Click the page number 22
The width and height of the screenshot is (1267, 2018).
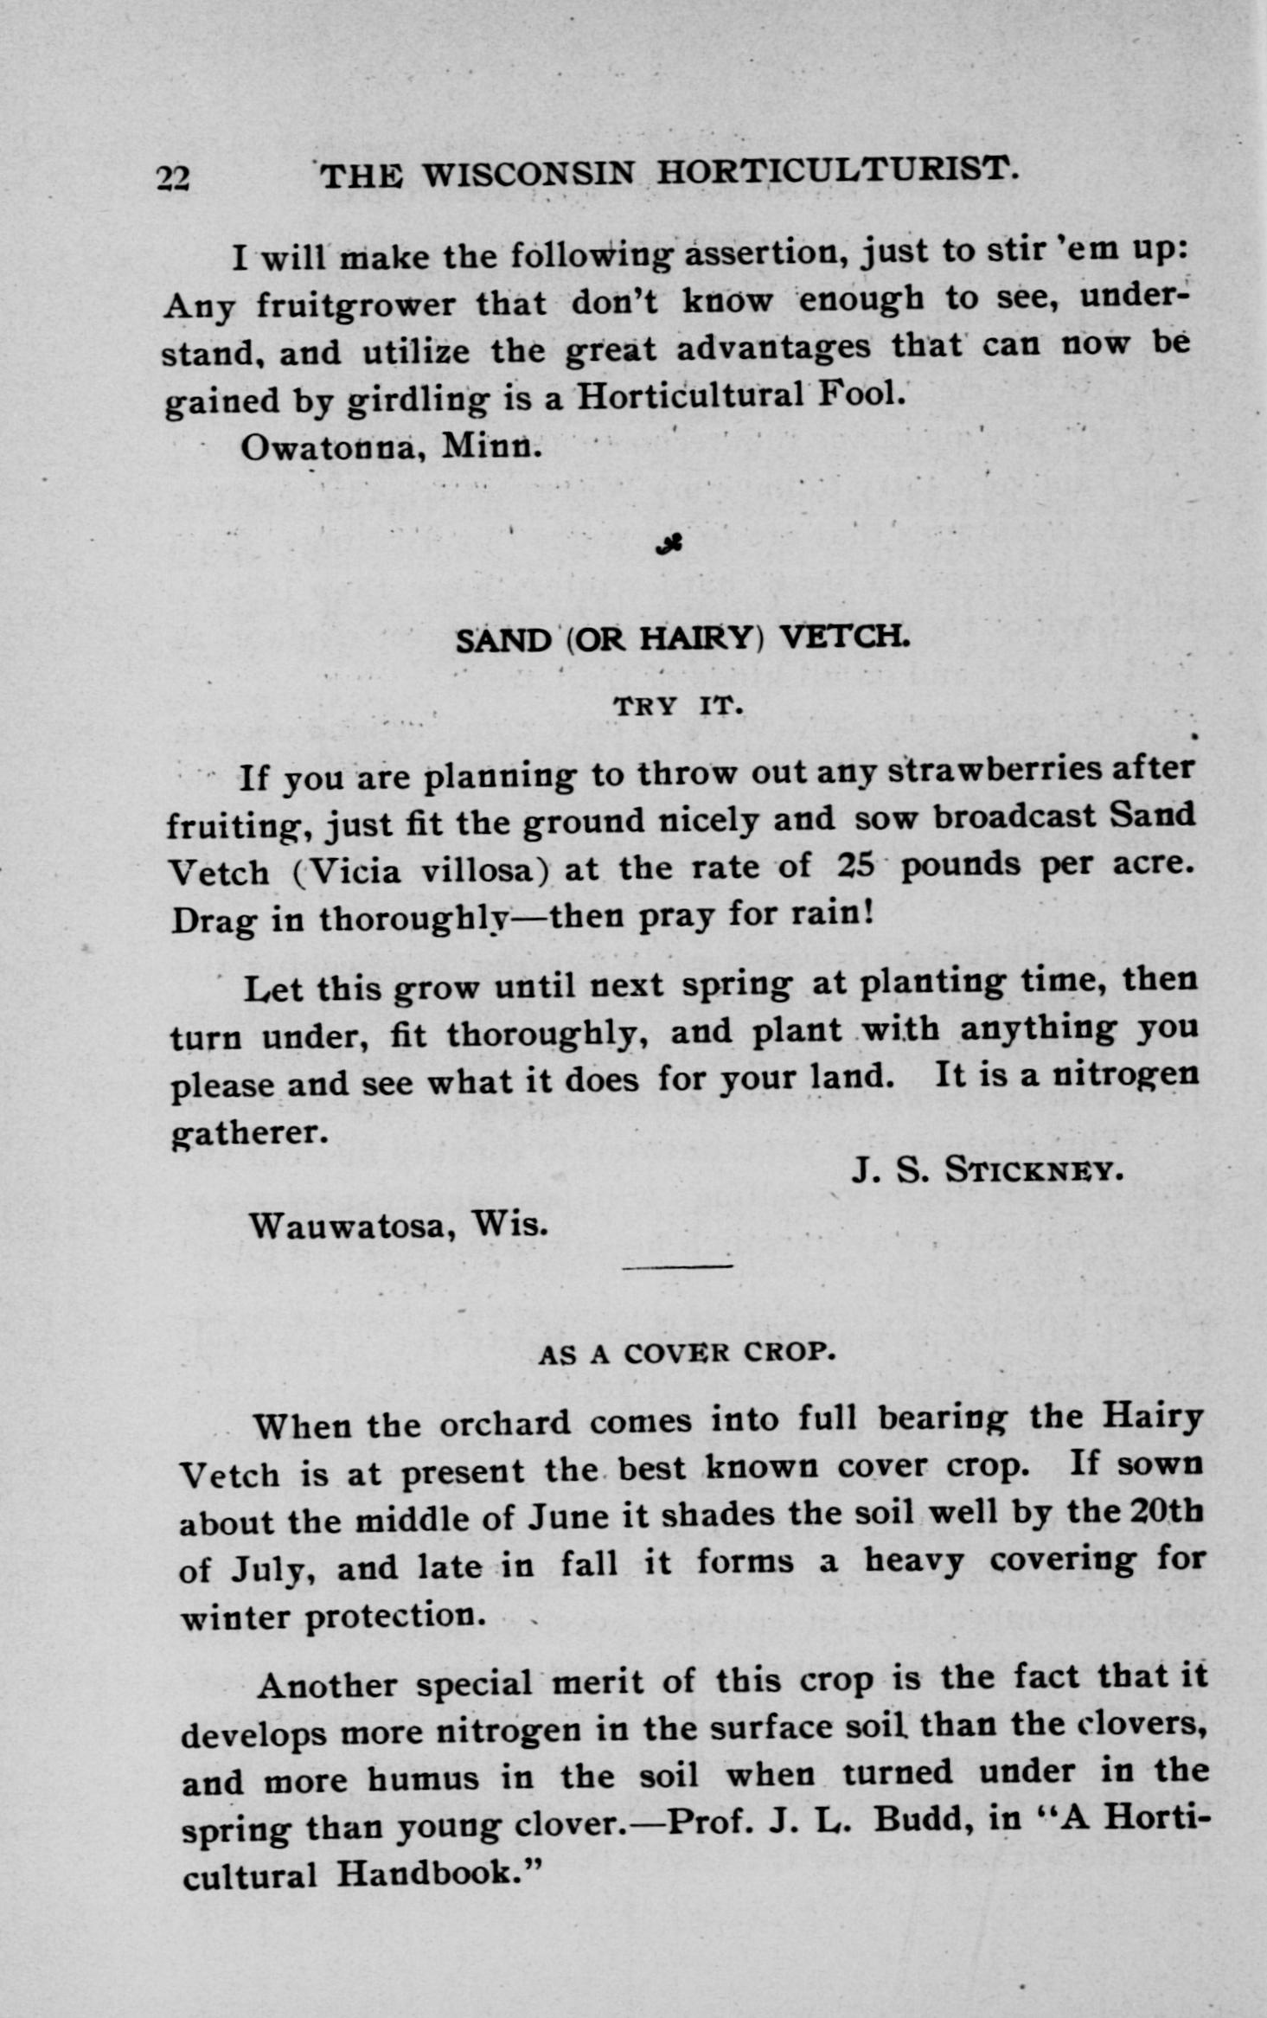[173, 177]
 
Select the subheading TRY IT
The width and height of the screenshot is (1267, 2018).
[679, 707]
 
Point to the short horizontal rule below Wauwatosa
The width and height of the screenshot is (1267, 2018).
[677, 1267]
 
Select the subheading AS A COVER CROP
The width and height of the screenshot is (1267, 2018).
[687, 1354]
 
